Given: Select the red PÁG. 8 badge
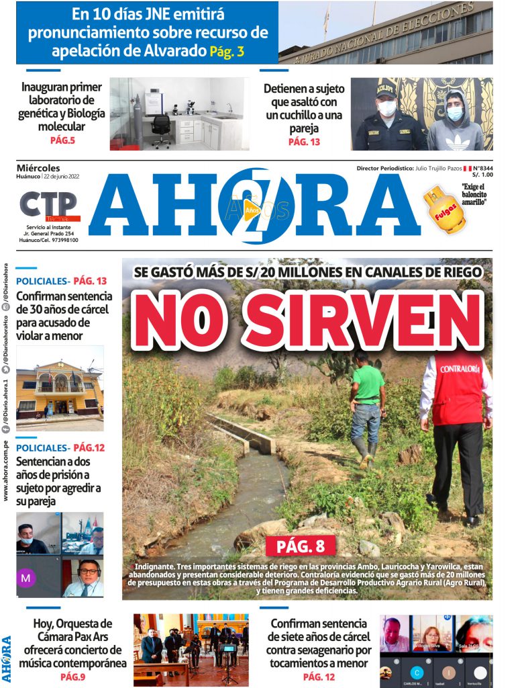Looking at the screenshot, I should point(300,546).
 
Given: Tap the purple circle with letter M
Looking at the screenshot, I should point(26,577).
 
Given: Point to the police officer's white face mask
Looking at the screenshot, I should point(387,108).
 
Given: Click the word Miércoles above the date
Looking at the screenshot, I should point(38,168).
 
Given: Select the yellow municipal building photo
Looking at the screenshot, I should point(60,389).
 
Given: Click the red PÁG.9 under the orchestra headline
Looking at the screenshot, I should point(72,677).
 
